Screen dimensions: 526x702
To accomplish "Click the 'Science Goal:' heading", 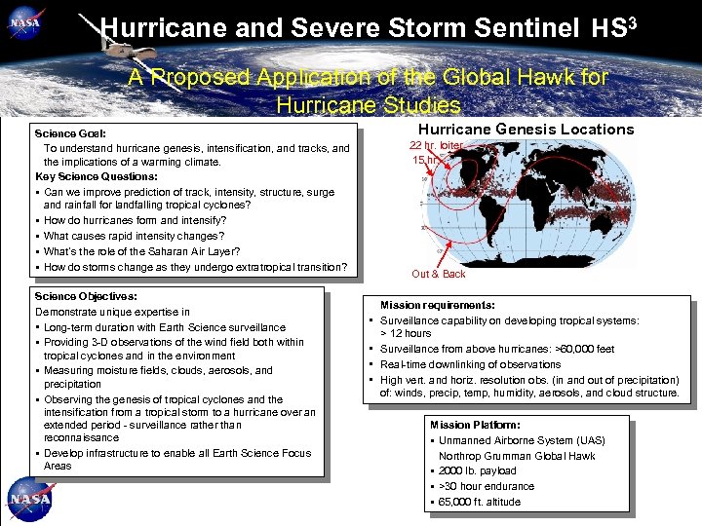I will pyautogui.click(x=70, y=133).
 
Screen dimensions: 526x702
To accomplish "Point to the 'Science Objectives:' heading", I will pyautogui.click(x=86, y=296).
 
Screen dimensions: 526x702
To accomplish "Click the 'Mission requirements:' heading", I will pyautogui.click(x=437, y=305).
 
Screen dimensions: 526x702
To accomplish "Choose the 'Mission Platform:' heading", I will pyautogui.click(x=475, y=425).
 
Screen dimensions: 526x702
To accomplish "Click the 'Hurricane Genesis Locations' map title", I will pyautogui.click(x=526, y=130).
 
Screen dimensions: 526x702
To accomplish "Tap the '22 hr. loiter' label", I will pyautogui.click(x=437, y=145).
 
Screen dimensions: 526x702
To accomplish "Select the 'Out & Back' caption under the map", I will pyautogui.click(x=439, y=274).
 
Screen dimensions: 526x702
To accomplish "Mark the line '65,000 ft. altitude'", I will pyautogui.click(x=480, y=502).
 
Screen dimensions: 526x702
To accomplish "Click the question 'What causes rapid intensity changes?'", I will pyautogui.click(x=134, y=236).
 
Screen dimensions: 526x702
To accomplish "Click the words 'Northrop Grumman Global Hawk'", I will pyautogui.click(x=517, y=456).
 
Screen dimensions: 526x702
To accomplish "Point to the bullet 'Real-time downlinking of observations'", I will pyautogui.click(x=470, y=364).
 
